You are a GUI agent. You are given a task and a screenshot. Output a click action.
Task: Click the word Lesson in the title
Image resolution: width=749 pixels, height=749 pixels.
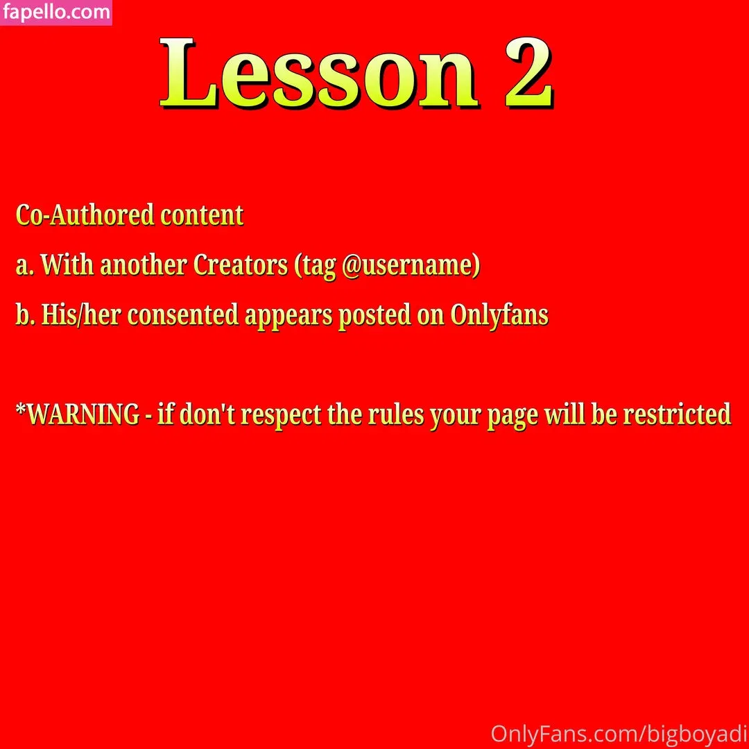318,73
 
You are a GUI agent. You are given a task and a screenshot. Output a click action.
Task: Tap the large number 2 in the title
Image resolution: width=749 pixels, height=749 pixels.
529,73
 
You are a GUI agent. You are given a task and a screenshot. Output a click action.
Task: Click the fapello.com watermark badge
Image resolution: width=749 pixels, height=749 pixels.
56,12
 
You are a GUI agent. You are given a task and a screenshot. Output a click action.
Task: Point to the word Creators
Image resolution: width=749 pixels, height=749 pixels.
241,264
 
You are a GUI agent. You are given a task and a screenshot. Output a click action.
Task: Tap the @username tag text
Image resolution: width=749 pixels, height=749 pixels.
411,265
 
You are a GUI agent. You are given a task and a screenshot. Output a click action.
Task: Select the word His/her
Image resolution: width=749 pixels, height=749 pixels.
80,315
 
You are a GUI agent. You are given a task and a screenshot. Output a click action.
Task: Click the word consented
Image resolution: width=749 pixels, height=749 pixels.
183,315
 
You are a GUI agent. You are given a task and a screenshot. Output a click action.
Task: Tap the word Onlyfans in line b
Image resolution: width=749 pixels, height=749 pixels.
499,316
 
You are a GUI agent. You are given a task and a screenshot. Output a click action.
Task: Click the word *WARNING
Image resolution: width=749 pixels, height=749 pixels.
78,414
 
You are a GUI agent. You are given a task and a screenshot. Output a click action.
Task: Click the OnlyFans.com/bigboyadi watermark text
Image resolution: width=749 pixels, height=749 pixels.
619,734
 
